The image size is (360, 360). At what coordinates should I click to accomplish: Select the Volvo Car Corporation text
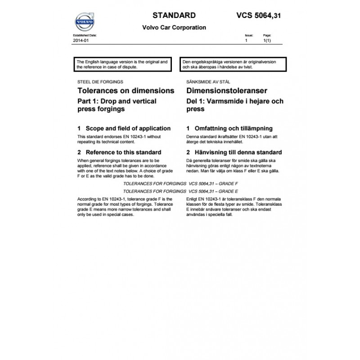[174, 27]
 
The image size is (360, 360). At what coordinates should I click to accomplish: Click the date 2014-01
[79, 40]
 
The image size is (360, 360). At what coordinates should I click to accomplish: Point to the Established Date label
[85, 35]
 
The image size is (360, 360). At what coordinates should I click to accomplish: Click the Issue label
[249, 35]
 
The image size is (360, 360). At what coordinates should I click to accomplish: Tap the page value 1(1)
[267, 40]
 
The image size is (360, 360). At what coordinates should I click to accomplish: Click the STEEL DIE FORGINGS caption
[100, 82]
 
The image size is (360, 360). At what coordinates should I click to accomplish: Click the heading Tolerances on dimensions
[126, 91]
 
